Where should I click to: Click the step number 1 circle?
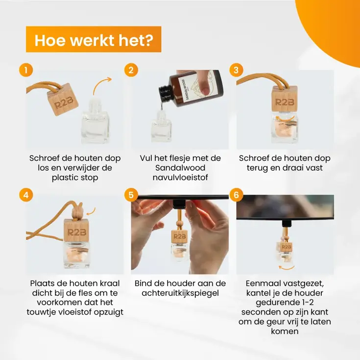click(x=26, y=70)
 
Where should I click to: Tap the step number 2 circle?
click(x=131, y=70)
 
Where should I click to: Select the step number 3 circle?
click(x=236, y=70)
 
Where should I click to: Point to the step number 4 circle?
click(x=26, y=195)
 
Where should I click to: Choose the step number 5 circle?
click(x=131, y=195)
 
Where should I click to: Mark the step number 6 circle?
click(x=236, y=195)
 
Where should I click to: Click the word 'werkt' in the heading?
click(x=94, y=41)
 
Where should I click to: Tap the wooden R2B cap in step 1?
click(x=63, y=99)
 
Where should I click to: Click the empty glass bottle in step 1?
click(x=95, y=121)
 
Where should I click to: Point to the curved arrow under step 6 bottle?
click(x=287, y=267)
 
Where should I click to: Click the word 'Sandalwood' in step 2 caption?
click(x=180, y=168)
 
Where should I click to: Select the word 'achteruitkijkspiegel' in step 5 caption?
click(x=180, y=293)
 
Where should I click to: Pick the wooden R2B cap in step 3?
click(x=285, y=98)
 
